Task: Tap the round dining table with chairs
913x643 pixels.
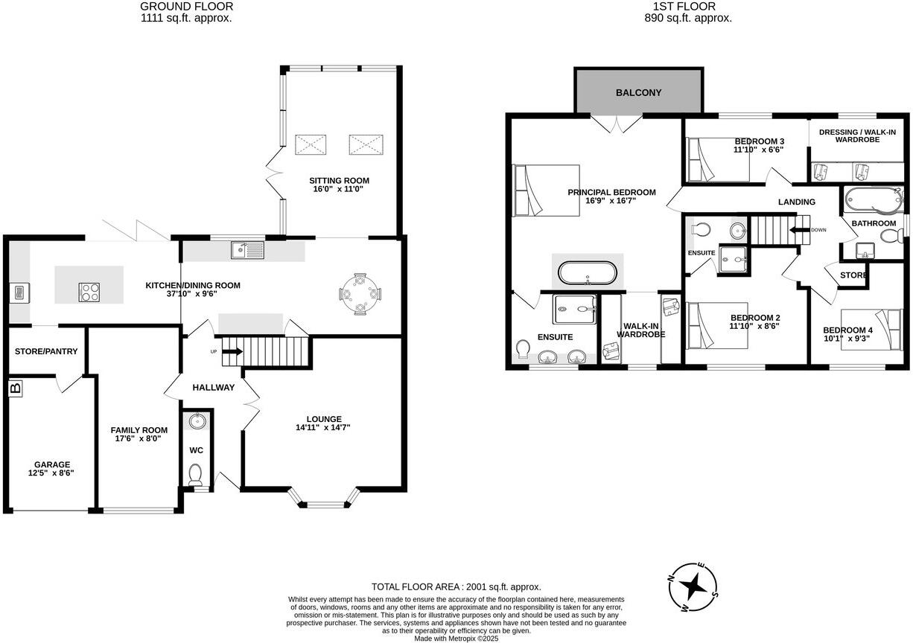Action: tap(360, 294)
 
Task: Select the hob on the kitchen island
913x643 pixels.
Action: tap(89, 292)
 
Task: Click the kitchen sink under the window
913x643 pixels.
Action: tap(246, 250)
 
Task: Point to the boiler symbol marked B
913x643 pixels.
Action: tap(15, 388)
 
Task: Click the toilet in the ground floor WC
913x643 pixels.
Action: tap(196, 474)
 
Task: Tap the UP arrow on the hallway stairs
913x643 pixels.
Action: tap(232, 351)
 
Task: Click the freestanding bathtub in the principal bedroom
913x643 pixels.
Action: tap(588, 272)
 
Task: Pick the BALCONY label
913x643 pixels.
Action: tap(638, 93)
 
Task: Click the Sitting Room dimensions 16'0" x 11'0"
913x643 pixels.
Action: tap(340, 190)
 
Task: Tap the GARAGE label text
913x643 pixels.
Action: tap(51, 464)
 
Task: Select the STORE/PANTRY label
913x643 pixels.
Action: tap(45, 351)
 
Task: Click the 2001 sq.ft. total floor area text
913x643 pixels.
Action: tap(456, 586)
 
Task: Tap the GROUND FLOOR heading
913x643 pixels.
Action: tap(185, 6)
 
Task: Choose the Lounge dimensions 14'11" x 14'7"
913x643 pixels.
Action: tap(322, 428)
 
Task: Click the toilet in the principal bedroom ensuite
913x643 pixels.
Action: tap(524, 348)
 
